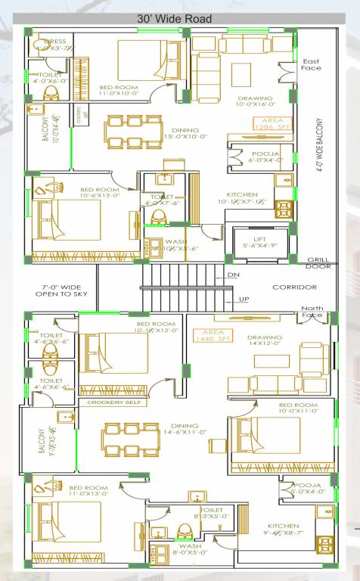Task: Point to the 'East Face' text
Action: coord(311,64)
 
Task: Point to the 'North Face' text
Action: coord(312,312)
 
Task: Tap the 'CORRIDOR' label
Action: coord(293,287)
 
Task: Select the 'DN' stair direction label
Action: coord(232,275)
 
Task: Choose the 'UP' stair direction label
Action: coord(244,299)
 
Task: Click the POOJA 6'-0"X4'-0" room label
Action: coord(264,157)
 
